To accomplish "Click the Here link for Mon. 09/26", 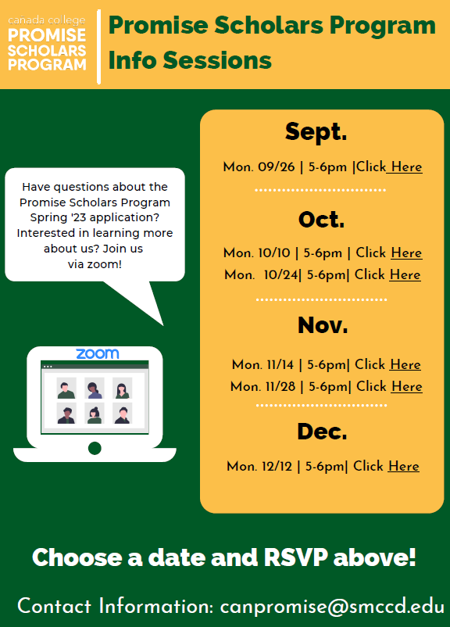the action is pos(406,167).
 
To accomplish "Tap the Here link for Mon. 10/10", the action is pos(406,253).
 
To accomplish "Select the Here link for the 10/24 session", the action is pos(405,274).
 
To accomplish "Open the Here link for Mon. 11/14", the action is pos(405,364).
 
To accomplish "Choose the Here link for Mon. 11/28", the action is pos(407,386).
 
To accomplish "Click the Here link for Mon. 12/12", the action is pos(404,466).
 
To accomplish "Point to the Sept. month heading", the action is pos(316,132).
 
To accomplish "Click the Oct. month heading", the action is pos(321,220).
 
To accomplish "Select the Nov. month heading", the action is pos(323,324).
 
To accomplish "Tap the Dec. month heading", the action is pos(322,432).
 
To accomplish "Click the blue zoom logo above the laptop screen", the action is pos(98,353).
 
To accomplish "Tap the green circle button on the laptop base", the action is pos(95,448).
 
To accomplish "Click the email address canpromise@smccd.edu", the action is pos(332,606).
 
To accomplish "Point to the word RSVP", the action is pos(296,557).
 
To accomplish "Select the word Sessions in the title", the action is pos(217,60).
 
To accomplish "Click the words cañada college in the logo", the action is pos(47,20).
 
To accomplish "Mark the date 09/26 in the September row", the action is pos(276,167).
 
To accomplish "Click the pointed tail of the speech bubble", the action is pos(162,324).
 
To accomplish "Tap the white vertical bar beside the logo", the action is pos(98,47).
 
